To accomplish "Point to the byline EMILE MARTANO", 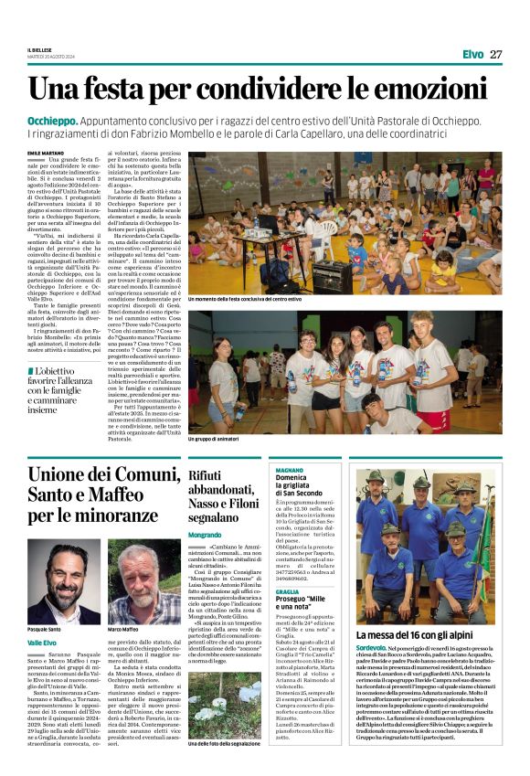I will [x=46, y=153].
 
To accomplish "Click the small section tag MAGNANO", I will [x=290, y=469].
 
